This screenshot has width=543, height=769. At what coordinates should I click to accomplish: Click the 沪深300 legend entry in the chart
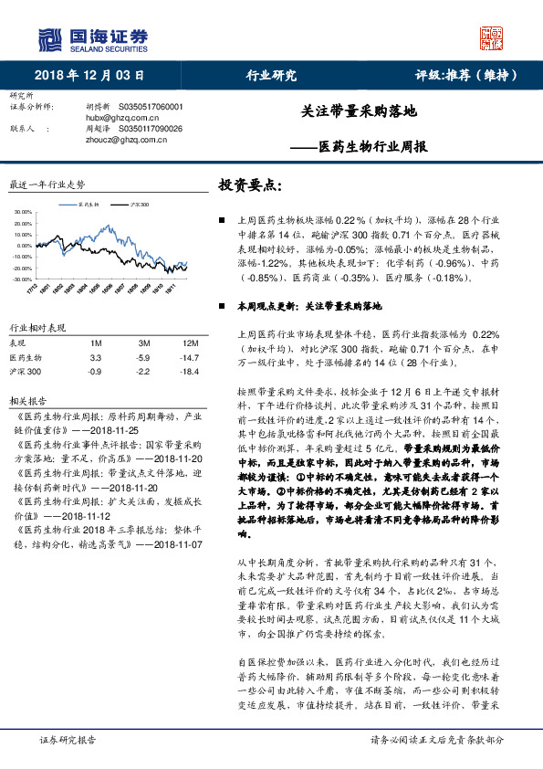pos(139,205)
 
